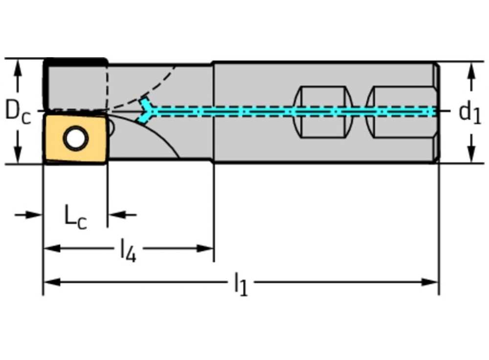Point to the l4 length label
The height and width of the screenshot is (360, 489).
click(128, 251)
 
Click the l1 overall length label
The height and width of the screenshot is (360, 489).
click(240, 284)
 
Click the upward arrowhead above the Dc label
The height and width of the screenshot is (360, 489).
click(18, 67)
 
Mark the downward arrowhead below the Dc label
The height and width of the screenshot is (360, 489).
click(18, 156)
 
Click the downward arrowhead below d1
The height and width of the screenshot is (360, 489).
click(471, 155)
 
